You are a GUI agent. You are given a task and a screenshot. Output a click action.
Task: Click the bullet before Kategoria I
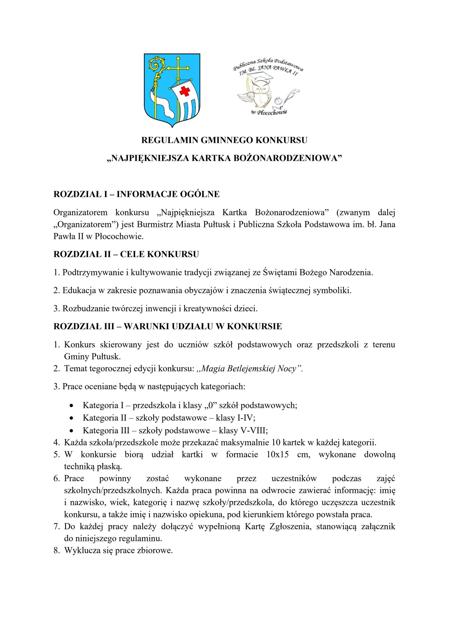(72, 406)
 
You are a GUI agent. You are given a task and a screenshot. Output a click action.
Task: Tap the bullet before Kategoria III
(72, 431)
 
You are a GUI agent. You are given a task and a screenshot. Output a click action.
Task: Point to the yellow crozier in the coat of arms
(157, 83)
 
